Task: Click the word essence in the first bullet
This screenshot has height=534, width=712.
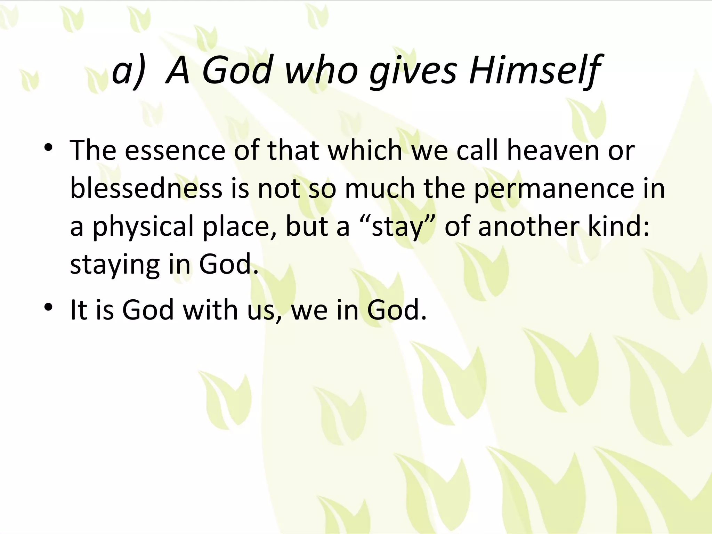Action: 175,151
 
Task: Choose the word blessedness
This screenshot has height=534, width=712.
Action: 146,188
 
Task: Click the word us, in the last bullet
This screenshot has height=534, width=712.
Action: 265,310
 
